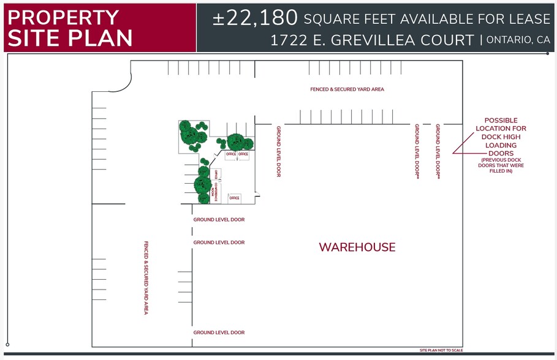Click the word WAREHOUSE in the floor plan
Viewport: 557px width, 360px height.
pos(357,247)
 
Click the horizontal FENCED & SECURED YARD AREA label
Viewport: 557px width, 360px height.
pos(347,89)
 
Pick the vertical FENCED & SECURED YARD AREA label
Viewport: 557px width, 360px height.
pos(146,277)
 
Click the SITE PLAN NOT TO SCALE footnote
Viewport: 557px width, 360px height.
pos(441,350)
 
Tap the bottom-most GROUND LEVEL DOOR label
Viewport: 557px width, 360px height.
pos(219,332)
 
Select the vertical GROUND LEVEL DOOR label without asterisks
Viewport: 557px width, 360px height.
pos(278,151)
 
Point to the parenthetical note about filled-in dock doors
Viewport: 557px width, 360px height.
pos(502,165)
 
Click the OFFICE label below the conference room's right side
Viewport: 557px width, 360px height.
pos(234,198)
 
